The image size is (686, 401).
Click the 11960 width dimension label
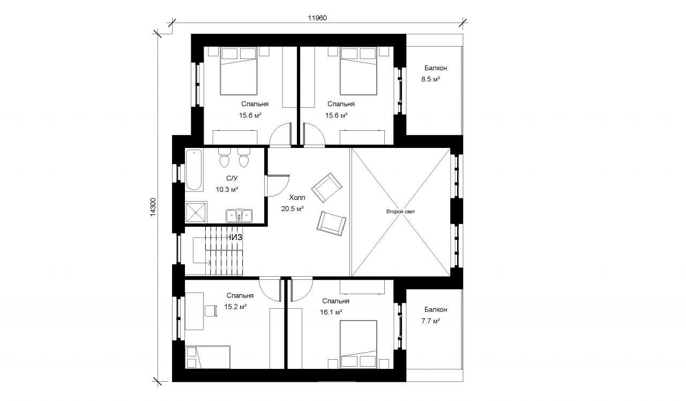coord(317,18)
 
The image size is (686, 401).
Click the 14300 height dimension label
coord(153,207)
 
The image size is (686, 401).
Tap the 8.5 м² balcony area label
coord(430,79)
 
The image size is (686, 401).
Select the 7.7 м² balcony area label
coord(430,321)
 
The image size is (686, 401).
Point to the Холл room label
coord(297,198)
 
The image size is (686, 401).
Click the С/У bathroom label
coord(232,179)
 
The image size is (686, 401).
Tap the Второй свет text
coord(400,211)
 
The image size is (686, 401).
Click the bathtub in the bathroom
coord(193,170)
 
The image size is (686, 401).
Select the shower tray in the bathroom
coord(196,212)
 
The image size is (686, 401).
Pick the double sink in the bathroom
coord(239,216)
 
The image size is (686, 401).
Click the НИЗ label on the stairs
coord(235,237)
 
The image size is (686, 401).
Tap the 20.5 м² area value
coord(293,209)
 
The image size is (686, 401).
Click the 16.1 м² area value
coord(331,313)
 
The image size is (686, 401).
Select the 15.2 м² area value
coord(235,307)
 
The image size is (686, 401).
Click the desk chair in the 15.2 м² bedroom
coord(211,310)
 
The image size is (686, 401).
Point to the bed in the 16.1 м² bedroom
coord(359,344)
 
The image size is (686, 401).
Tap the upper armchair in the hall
coord(327,188)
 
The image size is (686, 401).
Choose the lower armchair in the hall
coord(331,224)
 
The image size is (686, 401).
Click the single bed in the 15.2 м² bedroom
coord(208,357)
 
